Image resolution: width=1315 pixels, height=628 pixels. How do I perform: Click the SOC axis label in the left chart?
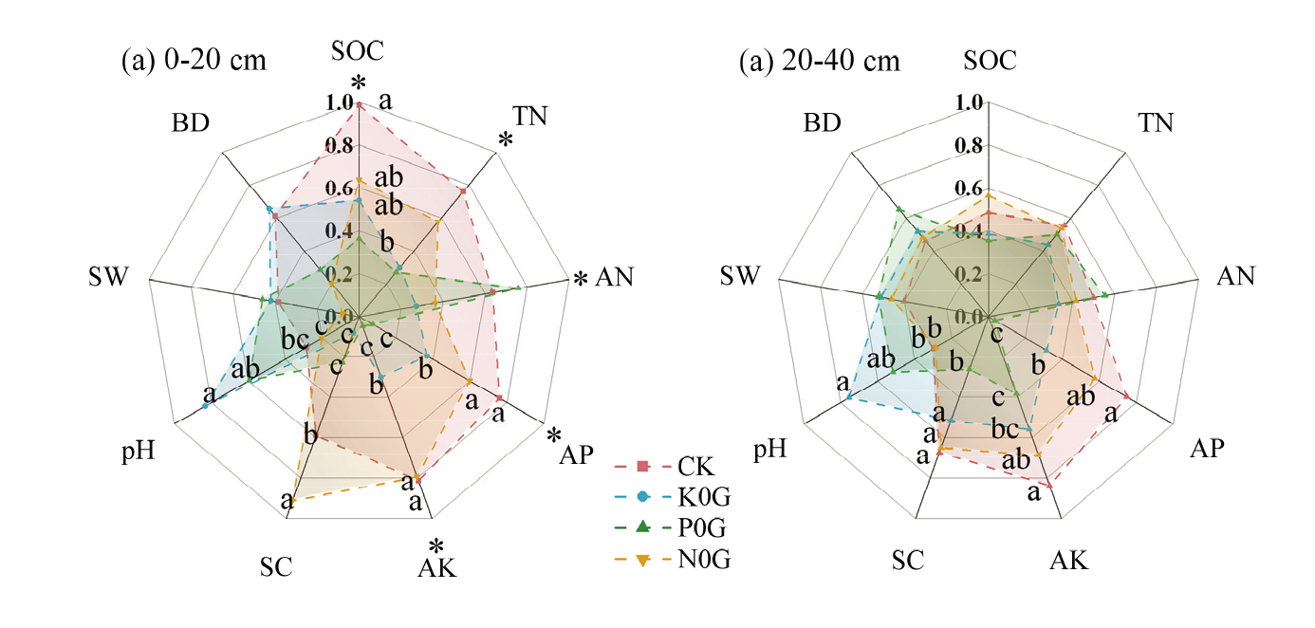pos(359,51)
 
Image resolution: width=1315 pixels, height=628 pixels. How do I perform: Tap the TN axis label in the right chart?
pos(1155,122)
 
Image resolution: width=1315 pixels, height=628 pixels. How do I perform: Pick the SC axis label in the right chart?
pos(908,561)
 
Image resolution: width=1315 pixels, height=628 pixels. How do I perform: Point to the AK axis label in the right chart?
pos(1068,561)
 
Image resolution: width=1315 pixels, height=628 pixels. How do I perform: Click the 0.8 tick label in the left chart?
pos(337,145)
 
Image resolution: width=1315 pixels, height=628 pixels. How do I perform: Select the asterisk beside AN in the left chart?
pos(580,281)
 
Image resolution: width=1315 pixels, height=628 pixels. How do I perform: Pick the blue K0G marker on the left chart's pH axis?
pos(206,406)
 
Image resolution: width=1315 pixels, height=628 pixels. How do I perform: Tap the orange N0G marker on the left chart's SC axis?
pos(293,499)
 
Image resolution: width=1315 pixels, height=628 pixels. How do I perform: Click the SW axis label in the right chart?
pos(741,276)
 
